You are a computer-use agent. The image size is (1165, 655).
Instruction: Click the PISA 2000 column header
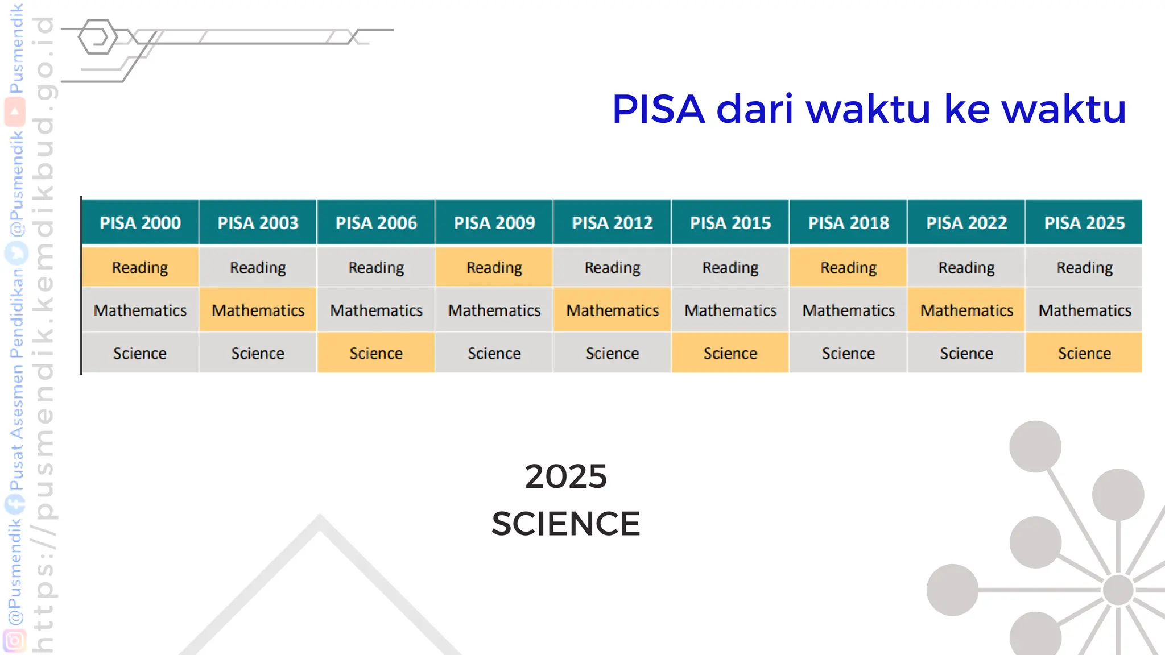[x=140, y=222]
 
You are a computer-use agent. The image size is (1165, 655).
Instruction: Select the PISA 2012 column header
[x=612, y=222]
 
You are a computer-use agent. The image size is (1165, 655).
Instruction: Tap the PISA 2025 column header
[x=1084, y=222]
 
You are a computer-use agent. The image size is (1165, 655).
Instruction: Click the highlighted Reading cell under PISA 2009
[x=494, y=267]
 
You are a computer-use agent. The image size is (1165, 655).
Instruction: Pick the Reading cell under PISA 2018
[x=848, y=267]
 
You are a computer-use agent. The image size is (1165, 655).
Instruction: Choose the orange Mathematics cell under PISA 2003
[x=258, y=310]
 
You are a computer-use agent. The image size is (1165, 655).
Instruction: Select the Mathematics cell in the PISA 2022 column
[x=966, y=310]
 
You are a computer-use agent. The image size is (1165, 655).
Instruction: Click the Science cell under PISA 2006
[x=376, y=353]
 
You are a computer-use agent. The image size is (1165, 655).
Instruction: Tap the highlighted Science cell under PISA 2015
[x=730, y=353]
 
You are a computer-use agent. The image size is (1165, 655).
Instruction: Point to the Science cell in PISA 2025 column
[x=1084, y=353]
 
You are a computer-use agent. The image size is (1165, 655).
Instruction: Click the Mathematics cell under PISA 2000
[x=140, y=310]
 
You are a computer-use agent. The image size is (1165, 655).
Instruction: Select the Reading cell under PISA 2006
[x=376, y=267]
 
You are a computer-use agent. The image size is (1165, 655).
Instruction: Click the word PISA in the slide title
[x=658, y=109]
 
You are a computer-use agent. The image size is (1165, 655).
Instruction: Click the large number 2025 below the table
[x=565, y=476]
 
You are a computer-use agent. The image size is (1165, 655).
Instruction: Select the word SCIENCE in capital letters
[x=565, y=524]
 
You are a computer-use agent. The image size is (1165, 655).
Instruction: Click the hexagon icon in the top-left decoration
[x=98, y=38]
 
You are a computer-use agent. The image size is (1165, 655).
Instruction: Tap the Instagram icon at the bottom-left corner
[x=15, y=641]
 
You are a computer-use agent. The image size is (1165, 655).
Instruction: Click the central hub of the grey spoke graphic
[x=1118, y=590]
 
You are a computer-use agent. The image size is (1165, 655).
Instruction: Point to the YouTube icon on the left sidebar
[x=15, y=112]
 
